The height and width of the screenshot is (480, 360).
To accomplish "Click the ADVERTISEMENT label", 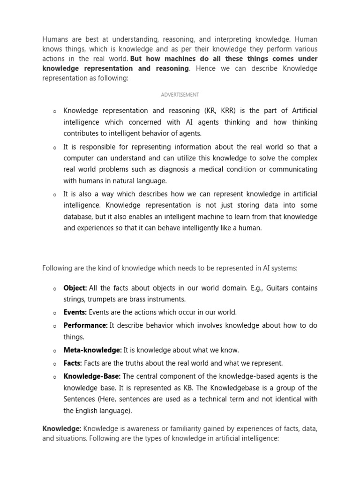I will pos(180,95).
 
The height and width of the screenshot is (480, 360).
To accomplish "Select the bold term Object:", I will pos(75,288).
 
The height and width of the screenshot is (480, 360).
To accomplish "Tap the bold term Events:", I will pos(75,312).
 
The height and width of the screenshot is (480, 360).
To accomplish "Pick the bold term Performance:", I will pos(86,325).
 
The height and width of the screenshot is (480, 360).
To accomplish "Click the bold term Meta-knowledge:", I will pos(93,350).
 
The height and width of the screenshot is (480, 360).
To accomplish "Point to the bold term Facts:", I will pos(73,363).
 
